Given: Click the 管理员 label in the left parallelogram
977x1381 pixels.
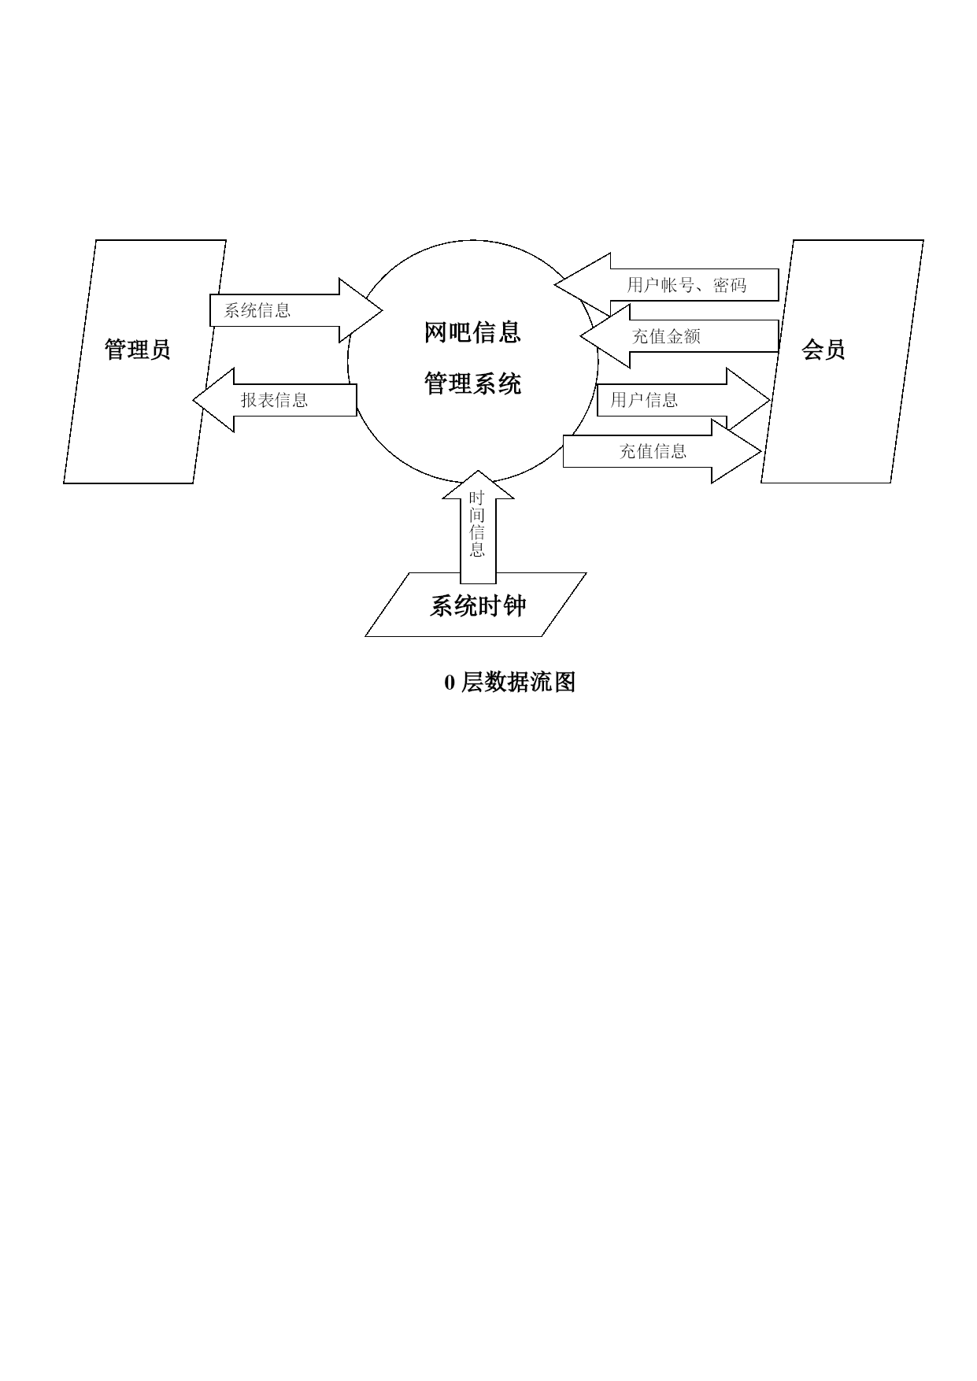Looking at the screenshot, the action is (x=138, y=349).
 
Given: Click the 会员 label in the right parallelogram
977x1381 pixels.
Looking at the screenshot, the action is (x=823, y=349).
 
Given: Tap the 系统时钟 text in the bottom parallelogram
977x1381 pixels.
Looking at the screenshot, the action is (x=478, y=605).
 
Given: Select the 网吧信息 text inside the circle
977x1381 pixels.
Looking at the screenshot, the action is (x=472, y=332).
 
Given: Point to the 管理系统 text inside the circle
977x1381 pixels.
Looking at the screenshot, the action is (x=472, y=383).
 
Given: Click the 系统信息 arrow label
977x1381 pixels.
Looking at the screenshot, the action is (x=257, y=310).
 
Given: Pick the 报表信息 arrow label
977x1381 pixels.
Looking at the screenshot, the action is (x=274, y=400).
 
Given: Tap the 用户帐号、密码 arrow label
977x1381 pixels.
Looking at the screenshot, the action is (x=686, y=285).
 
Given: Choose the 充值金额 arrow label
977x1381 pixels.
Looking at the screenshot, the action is (x=666, y=336).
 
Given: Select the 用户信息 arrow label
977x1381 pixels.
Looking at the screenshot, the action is (x=644, y=400).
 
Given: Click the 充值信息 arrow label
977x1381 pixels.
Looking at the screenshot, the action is (x=653, y=451).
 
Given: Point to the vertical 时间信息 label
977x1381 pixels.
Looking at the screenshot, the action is (x=477, y=524).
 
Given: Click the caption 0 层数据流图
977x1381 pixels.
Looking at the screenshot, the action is (x=510, y=682).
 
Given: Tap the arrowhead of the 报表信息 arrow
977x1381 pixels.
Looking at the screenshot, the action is (x=214, y=400).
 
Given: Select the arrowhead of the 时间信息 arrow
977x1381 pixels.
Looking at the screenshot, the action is (x=478, y=485).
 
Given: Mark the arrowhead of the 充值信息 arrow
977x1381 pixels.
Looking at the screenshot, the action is (x=736, y=451).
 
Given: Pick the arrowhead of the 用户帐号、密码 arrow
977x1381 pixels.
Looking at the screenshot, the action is (x=583, y=285).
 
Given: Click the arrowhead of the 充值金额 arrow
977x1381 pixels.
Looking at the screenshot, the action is (x=605, y=336).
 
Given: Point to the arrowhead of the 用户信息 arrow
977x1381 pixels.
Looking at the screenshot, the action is (x=748, y=400).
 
